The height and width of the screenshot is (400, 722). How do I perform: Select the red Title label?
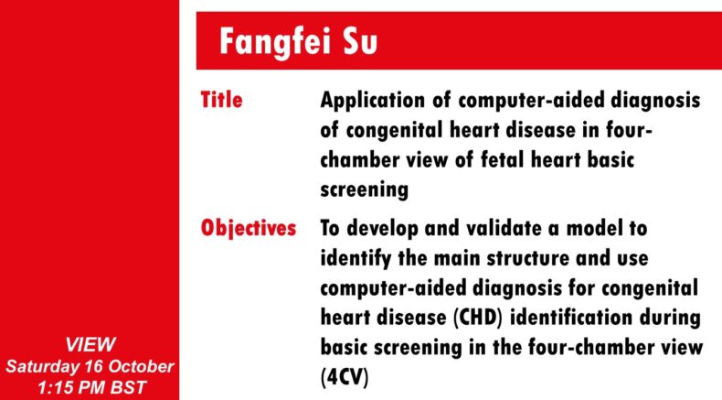pyautogui.click(x=221, y=100)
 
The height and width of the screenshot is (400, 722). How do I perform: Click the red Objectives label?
pyautogui.click(x=249, y=228)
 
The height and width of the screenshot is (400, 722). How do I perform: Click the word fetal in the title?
pyautogui.click(x=503, y=160)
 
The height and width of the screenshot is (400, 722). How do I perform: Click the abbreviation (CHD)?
pyautogui.click(x=477, y=318)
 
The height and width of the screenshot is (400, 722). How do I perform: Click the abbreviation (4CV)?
pyautogui.click(x=345, y=377)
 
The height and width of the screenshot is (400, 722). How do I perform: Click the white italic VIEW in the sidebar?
pyautogui.click(x=90, y=345)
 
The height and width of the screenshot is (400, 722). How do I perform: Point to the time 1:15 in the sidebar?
pyautogui.click(x=52, y=387)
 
